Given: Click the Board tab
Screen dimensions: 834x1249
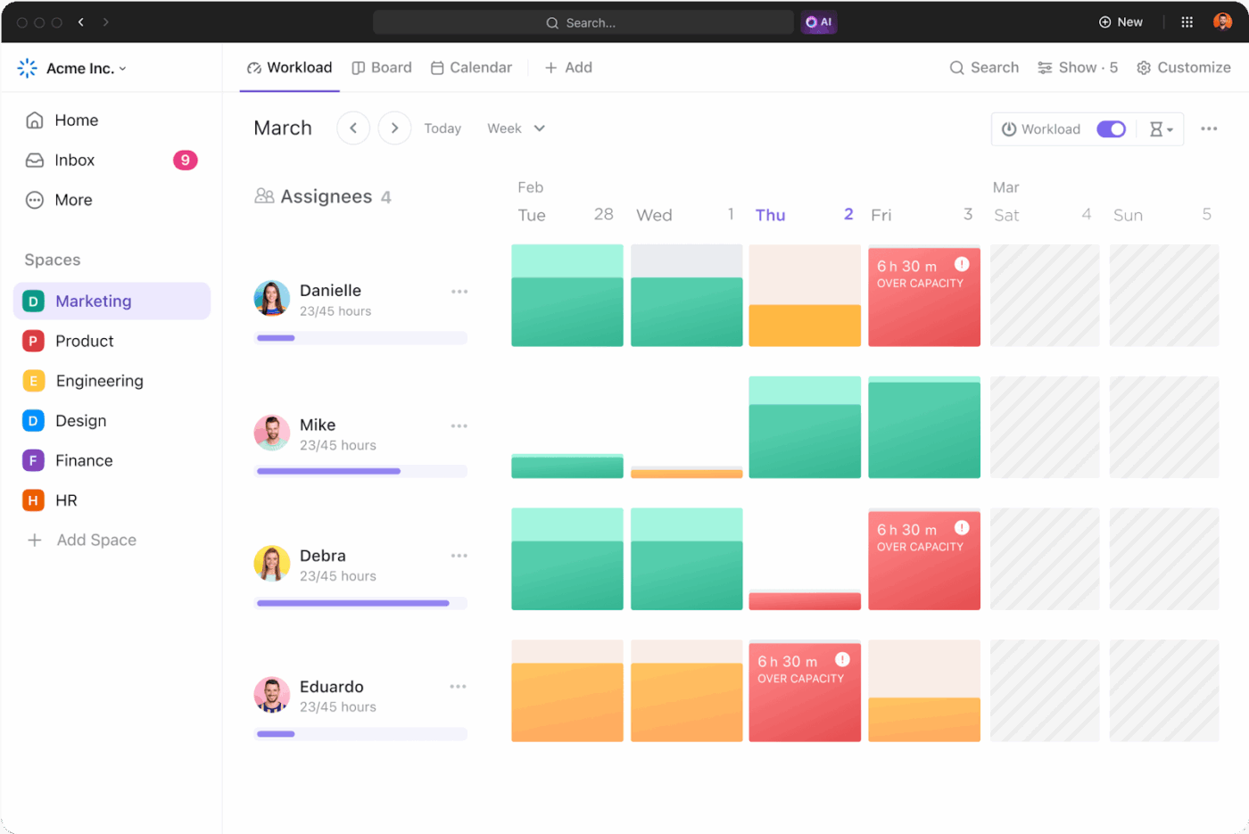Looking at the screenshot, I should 382,68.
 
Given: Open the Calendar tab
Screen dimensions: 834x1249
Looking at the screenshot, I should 471,68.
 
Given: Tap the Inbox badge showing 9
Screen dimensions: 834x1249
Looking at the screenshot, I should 185,161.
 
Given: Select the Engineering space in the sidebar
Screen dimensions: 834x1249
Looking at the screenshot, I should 99,381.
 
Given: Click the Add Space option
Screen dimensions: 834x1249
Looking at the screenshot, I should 95,541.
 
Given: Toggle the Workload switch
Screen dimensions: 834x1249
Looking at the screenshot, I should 1111,129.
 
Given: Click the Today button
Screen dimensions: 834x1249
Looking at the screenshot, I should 443,128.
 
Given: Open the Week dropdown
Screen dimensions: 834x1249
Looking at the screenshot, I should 516,128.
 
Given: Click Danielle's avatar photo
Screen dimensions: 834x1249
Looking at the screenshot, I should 272,299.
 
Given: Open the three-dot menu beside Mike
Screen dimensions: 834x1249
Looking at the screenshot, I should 459,426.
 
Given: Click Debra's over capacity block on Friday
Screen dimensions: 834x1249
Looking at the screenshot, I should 923,560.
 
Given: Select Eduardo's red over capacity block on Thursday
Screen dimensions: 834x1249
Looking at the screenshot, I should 804,691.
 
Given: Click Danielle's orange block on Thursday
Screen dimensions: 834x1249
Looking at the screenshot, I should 804,326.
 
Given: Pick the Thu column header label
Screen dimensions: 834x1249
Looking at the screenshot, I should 770,215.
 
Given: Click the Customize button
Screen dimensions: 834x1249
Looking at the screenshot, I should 1184,68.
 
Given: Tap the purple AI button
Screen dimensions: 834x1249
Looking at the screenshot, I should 818,22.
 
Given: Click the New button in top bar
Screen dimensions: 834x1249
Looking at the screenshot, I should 1121,22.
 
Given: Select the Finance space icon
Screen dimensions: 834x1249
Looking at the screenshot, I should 33,461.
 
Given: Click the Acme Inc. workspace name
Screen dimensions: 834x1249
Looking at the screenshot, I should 80,69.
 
